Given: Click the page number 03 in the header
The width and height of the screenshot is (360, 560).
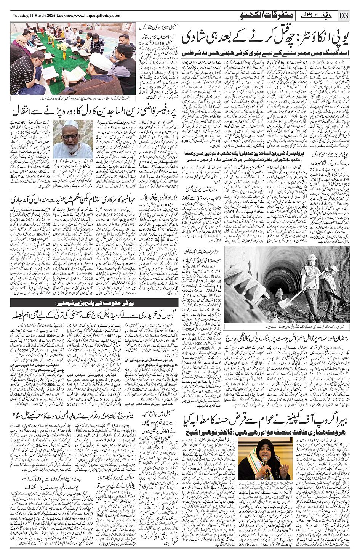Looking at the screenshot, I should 344,16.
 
